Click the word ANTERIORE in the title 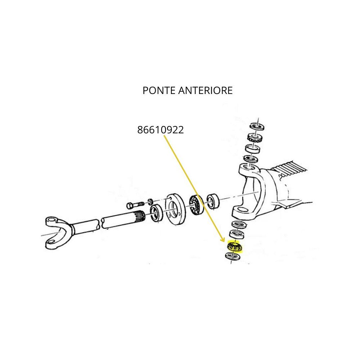click(x=206, y=90)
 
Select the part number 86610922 click(x=161, y=130)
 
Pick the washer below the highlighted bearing click(x=232, y=256)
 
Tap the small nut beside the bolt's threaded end click(x=150, y=201)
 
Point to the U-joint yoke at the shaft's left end click(x=57, y=232)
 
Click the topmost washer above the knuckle click(x=257, y=126)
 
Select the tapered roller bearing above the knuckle click(x=255, y=138)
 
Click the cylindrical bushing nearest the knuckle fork click(x=213, y=201)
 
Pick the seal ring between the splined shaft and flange click(x=156, y=213)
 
